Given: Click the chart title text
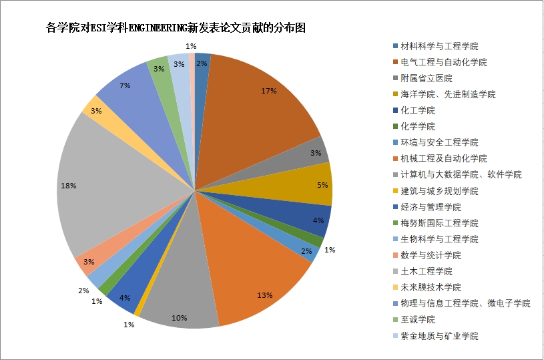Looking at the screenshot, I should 176,28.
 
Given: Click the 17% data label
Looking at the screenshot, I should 270,91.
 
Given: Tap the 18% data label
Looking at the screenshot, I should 69,186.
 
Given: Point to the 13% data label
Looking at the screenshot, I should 265,295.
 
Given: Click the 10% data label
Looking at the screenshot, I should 179,318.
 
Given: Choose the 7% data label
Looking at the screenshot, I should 125,85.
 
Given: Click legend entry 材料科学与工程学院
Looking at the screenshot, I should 439,46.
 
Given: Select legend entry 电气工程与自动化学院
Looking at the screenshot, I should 443,62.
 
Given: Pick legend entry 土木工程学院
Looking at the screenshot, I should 426,271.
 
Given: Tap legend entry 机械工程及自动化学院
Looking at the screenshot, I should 443,158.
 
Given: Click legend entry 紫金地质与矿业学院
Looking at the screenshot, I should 439,336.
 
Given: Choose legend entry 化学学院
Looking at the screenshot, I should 417,126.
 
